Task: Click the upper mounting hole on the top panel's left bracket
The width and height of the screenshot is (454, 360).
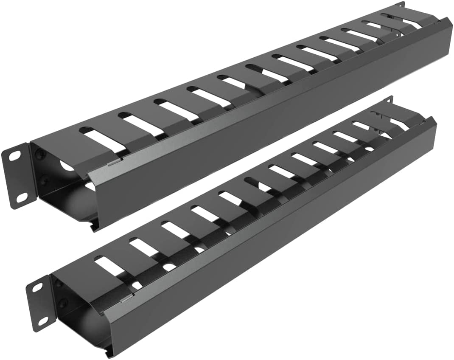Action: [14, 156]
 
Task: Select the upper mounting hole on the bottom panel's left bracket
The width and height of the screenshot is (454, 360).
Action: [37, 288]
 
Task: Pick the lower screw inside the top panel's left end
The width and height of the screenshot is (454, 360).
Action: [44, 184]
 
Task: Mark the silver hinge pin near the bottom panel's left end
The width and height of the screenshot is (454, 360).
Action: [126, 300]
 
